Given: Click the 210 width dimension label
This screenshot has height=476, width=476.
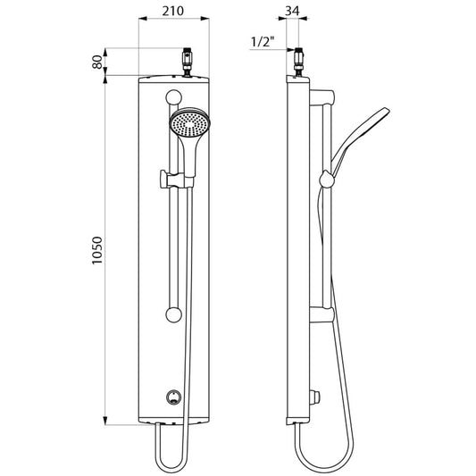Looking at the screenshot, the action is point(172,11).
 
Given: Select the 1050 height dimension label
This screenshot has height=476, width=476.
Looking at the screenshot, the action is point(97,251).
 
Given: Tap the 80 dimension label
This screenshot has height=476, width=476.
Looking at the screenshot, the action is point(97,62).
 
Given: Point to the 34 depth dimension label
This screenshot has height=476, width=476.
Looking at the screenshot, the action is point(292,11).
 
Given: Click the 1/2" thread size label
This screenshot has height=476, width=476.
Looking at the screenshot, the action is point(263,41).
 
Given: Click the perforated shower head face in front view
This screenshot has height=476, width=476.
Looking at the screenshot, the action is point(189,123).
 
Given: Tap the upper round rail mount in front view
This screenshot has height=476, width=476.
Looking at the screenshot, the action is point(174,97).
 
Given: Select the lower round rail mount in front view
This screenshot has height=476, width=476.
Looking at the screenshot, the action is point(174,315).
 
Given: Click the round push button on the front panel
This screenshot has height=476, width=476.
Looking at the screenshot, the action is point(173,397).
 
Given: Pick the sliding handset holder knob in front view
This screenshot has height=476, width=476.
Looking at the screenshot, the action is point(164,180).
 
